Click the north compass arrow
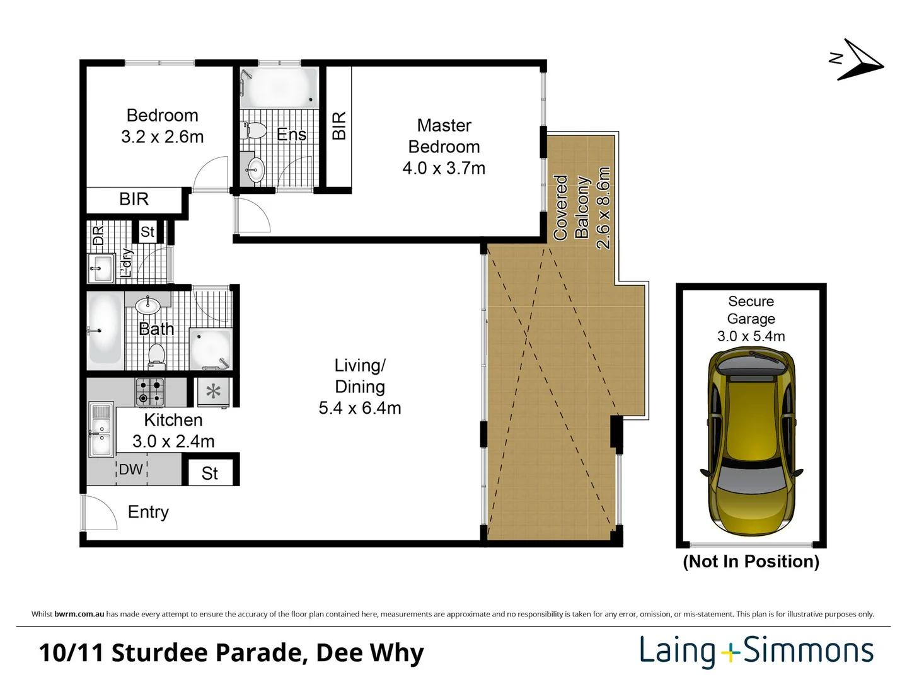(858, 60)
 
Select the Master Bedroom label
(444, 146)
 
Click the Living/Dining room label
(359, 386)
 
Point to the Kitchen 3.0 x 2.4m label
(173, 430)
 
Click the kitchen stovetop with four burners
(150, 392)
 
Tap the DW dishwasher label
(131, 469)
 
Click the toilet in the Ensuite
(255, 131)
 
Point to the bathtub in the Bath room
(105, 329)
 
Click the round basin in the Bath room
(148, 305)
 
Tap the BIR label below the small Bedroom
(134, 199)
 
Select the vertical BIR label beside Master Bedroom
(338, 125)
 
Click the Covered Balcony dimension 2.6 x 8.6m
(603, 208)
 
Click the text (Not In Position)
(751, 561)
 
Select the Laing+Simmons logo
(756, 651)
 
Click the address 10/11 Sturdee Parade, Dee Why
(231, 652)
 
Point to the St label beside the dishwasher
(210, 473)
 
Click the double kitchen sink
(100, 429)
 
